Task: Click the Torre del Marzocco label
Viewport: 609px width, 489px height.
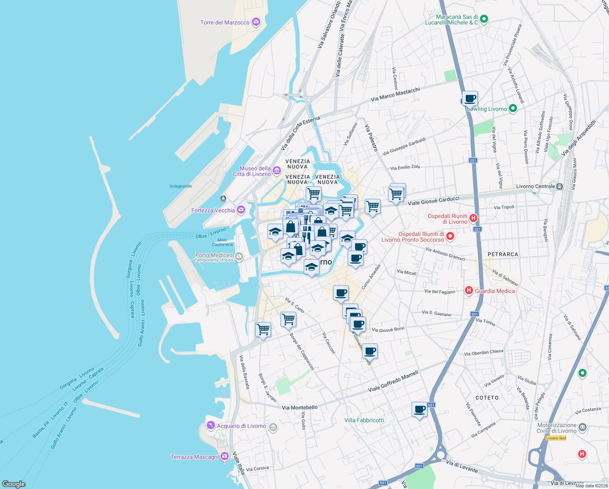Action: point(225,22)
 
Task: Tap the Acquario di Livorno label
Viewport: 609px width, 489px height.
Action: point(241,426)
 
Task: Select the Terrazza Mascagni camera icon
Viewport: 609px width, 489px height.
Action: point(225,457)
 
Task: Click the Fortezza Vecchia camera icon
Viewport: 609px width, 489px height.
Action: point(241,210)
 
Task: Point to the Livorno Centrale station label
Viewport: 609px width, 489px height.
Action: point(535,186)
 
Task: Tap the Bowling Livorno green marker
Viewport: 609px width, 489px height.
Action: point(513,108)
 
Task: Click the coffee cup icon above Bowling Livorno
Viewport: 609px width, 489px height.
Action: point(470,98)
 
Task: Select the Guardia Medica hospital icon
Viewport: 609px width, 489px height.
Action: point(469,291)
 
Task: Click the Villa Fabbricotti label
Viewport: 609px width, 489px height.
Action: point(364,420)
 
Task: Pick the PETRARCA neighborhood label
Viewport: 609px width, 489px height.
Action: point(503,254)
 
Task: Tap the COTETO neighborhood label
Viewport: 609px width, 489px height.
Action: point(487,398)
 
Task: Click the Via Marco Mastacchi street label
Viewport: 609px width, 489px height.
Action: point(395,95)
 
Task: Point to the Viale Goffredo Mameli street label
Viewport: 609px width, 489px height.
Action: point(393,381)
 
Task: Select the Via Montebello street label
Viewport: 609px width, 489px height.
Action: point(300,407)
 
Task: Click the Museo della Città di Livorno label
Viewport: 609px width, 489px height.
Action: point(252,171)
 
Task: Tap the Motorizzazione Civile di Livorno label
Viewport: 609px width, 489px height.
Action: point(556,428)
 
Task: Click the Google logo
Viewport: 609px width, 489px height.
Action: point(14,484)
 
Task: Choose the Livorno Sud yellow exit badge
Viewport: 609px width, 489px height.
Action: point(556,438)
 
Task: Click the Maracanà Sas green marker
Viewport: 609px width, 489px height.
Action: point(484,19)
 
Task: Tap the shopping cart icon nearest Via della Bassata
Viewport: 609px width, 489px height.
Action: point(263,329)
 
